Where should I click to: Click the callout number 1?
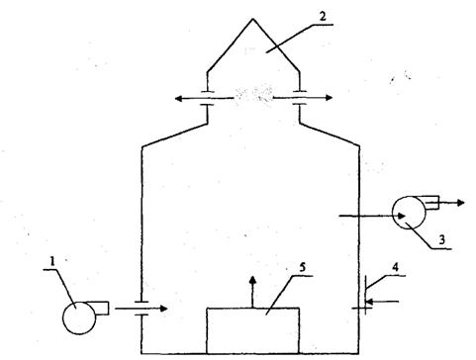[52, 261]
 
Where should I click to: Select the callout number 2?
[322, 17]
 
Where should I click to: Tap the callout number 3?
[442, 239]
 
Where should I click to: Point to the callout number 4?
[395, 267]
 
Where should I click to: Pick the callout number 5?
[303, 267]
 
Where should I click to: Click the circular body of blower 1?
[79, 317]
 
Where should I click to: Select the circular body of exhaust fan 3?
[409, 213]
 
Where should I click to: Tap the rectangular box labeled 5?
[253, 330]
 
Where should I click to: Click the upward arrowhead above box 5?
[252, 281]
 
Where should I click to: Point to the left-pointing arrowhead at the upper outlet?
[179, 98]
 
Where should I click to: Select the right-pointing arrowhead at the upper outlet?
[329, 98]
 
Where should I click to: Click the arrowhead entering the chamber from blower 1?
[164, 309]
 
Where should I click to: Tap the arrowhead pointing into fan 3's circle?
[401, 216]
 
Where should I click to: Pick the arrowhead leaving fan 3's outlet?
[460, 203]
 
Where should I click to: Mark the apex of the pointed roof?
[253, 19]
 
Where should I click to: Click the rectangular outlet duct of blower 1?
[101, 309]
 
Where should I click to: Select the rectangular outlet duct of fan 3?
[430, 203]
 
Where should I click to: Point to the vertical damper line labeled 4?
[365, 295]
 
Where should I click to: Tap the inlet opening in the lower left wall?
[142, 309]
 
